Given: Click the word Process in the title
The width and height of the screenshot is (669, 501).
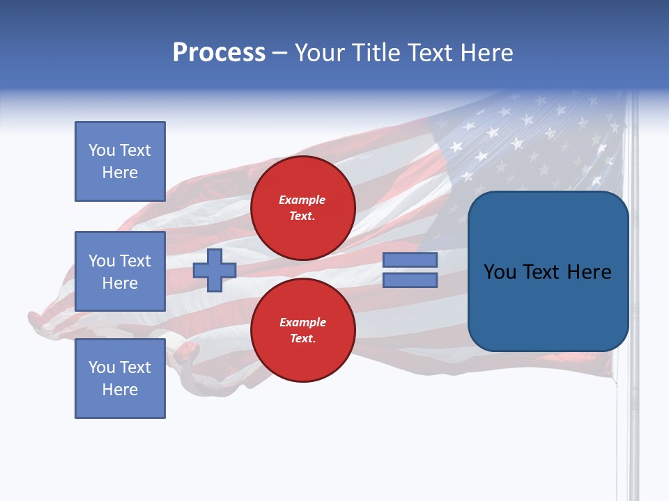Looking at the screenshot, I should point(219,53).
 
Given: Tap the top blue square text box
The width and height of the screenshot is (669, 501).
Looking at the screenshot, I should point(120,161).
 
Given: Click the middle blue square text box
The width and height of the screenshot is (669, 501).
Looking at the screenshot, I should point(120,271).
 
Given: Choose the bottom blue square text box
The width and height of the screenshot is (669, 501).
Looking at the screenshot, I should point(120,379).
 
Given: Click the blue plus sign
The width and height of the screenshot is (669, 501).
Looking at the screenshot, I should point(215,270).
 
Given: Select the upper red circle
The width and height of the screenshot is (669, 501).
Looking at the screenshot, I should point(302,208).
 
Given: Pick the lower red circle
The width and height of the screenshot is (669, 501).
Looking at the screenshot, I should point(302,331).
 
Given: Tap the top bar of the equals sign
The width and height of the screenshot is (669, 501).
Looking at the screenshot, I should point(410,260).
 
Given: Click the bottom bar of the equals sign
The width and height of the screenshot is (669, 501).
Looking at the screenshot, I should point(410,280).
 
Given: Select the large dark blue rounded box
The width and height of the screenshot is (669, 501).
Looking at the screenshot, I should point(548,271).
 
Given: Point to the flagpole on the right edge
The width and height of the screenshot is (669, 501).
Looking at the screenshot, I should point(633,417).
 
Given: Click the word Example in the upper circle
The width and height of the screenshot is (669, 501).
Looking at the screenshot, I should point(302,200).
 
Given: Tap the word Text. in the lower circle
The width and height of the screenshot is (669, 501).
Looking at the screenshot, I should point(302,339).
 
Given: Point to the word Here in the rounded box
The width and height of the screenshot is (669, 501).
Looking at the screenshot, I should point(589,272).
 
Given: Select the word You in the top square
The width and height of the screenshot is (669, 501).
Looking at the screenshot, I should point(102,150).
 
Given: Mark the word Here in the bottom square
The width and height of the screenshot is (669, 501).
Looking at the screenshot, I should point(120,390).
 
